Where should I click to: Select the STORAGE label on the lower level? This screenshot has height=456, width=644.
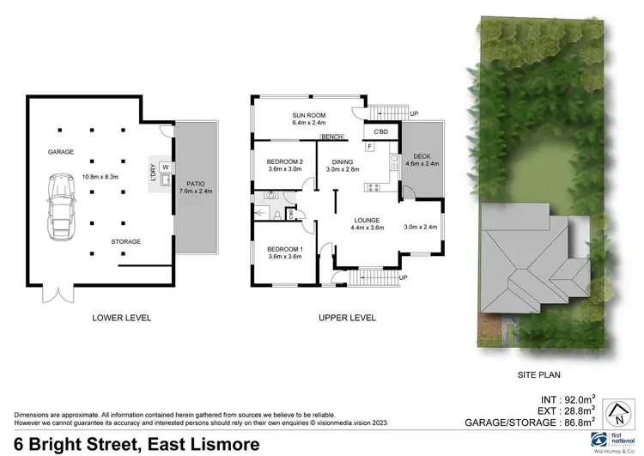[125, 241]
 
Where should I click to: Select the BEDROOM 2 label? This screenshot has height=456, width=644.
[285, 161]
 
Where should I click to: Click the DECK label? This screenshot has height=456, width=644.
[422, 155]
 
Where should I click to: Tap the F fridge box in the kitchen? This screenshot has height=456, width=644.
[369, 147]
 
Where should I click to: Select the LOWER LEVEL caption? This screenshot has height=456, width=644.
[121, 318]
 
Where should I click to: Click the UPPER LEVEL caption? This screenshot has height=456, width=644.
[347, 318]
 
